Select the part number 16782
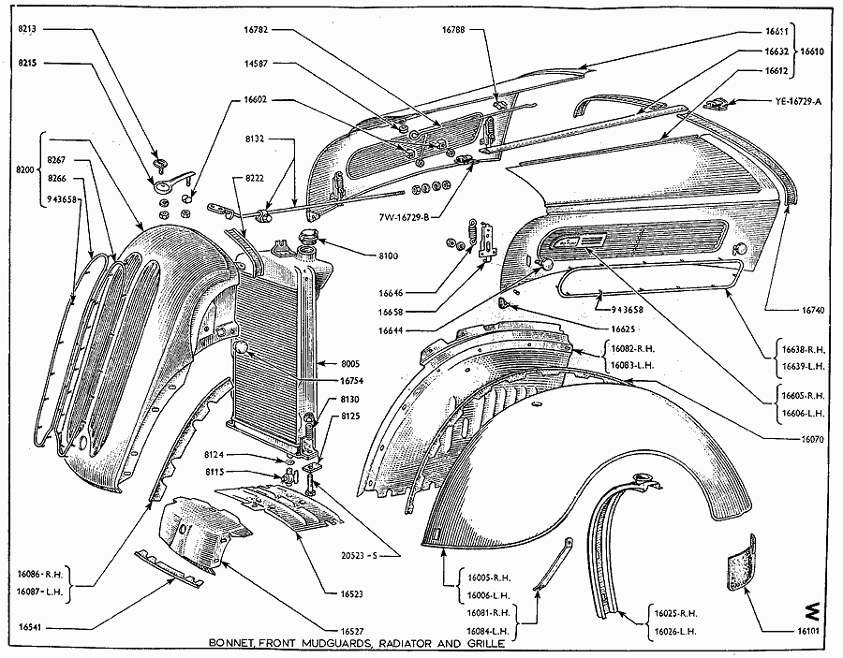click(x=257, y=30)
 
